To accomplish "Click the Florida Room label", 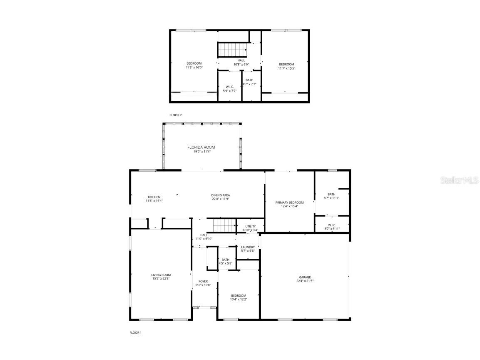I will tap(201, 147).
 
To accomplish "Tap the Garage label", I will tap(305, 277).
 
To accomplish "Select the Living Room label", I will tap(161, 275).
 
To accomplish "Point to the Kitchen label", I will tap(154, 197).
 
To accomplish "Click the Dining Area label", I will tap(221, 195).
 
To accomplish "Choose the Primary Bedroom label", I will tap(289, 202).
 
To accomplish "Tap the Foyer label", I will tap(203, 282).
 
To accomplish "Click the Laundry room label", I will tap(248, 247).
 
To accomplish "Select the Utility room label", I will tap(251, 226).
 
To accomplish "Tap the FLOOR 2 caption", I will tap(176, 115).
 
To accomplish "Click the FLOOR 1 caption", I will tap(136, 332).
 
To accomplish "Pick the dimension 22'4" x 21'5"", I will tap(305, 281).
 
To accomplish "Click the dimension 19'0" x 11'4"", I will tap(201, 152).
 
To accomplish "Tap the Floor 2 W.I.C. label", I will tap(230, 87).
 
